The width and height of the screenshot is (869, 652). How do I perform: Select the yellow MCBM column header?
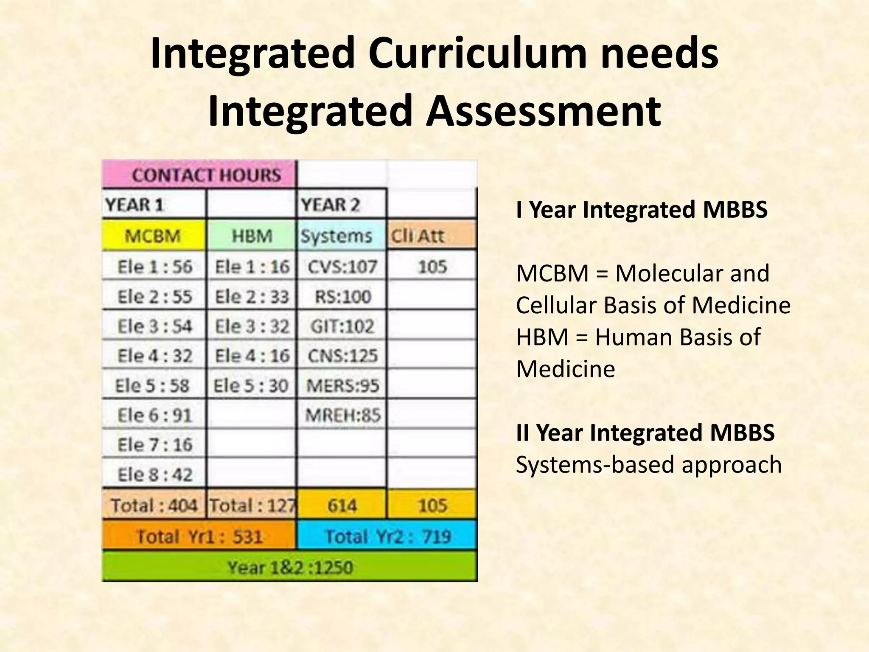coord(154,235)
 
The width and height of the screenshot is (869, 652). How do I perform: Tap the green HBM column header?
coord(252,235)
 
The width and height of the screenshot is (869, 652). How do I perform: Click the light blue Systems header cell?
coord(341,235)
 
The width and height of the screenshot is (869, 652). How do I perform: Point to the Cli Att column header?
coord(432,235)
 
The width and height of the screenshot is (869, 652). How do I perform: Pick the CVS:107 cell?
coord(342,267)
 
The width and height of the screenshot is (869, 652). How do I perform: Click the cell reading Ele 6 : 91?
coord(154,415)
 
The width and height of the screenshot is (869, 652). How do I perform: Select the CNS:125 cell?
coord(342,355)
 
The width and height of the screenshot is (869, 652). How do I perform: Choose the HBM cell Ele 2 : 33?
coord(252,296)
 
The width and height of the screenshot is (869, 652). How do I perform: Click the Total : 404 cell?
coord(154,505)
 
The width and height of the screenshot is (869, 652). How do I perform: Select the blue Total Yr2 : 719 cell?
coord(387,536)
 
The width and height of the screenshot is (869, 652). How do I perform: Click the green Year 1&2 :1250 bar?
coord(290,567)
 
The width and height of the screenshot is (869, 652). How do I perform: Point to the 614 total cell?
coord(342,505)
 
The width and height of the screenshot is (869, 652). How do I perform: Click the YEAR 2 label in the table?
coord(330,205)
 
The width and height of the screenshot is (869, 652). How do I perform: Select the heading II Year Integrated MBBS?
coord(645,433)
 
